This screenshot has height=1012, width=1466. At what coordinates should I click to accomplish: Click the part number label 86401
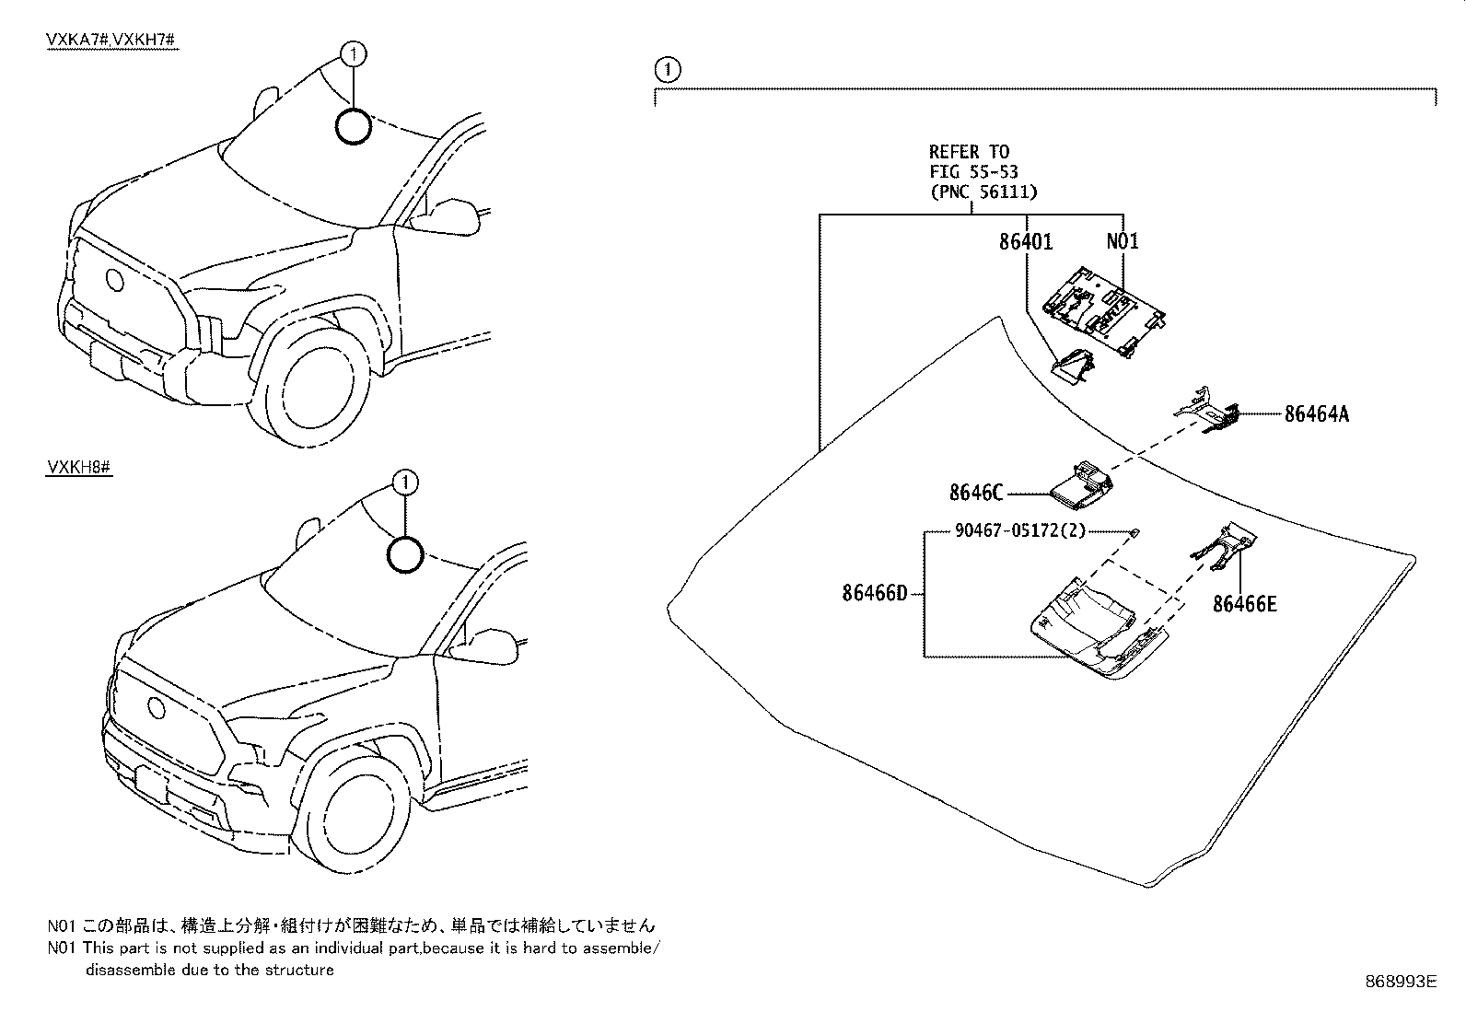point(1025,241)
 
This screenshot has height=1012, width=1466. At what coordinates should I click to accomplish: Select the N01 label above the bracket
point(1122,241)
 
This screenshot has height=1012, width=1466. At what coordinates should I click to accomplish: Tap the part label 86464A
point(1316,414)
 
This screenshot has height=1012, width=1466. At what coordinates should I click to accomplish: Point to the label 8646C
point(975,493)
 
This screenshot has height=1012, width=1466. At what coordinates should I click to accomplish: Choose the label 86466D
point(874,594)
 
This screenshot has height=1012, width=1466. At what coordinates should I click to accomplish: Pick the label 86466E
point(1244,604)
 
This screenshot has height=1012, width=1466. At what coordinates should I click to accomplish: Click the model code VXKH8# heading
point(79,468)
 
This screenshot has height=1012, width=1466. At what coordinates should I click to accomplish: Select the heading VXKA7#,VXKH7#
point(111,41)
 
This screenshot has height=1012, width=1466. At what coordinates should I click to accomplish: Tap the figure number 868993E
point(1400,983)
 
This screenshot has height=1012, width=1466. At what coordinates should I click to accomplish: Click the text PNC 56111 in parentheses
point(983,192)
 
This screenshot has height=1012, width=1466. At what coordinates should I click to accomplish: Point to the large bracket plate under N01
point(1105,312)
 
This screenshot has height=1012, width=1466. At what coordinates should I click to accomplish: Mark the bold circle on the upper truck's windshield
point(354,126)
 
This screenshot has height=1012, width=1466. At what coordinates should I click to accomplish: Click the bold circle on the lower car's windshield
point(405,555)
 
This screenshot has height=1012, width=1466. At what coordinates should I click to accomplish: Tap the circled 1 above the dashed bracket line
point(669,69)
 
